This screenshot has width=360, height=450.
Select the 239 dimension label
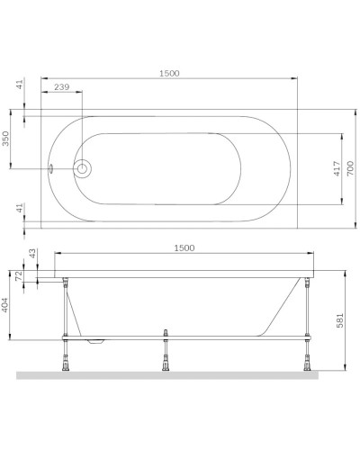tap(60, 86)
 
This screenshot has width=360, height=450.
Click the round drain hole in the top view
tap(84, 168)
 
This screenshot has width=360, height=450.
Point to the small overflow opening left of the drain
tap(53, 168)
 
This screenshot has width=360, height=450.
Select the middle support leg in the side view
tap(167, 355)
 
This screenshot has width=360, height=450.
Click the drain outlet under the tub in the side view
tap(95, 342)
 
